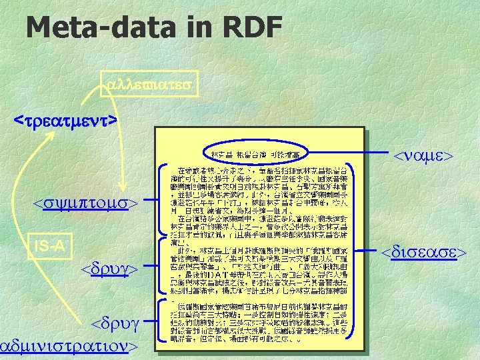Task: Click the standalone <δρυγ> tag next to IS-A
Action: pyautogui.click(x=109, y=269)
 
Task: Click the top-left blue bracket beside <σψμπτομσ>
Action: pyautogui.click(x=162, y=199)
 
